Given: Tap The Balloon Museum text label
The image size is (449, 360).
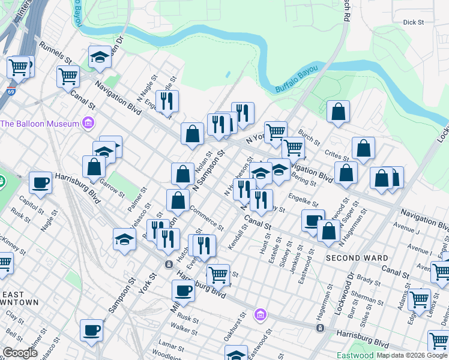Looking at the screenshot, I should click(40, 124).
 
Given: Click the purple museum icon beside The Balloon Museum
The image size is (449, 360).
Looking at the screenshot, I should click(89, 124).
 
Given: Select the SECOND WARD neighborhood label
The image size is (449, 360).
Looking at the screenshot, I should click(357, 258).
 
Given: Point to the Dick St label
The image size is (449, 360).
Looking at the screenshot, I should click(414, 22).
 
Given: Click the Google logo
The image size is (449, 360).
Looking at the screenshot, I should click(20, 353).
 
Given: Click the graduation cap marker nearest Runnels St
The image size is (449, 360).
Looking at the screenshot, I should click(100, 58).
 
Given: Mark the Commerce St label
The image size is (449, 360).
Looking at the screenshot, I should click(206, 218).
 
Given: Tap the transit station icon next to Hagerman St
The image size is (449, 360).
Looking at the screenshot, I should click(321, 328).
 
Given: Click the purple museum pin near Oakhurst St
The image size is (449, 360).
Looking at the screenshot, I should click(259, 314).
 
